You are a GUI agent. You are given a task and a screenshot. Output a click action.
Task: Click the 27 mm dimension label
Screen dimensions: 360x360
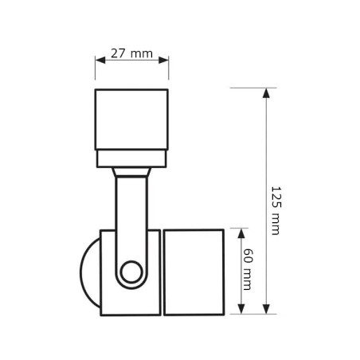[131, 53]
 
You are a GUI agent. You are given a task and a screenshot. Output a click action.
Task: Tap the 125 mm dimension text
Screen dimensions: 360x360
[276, 210]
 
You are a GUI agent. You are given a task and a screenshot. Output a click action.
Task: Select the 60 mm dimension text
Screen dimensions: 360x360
[248, 269]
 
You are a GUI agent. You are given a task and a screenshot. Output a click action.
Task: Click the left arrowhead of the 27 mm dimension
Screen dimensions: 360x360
[100, 60]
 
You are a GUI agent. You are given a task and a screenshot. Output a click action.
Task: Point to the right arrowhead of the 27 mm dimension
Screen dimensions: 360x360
[163, 60]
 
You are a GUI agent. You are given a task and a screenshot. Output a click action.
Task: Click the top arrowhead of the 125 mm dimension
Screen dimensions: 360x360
[266, 93]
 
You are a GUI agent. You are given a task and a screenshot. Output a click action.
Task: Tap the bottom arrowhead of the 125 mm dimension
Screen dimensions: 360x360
[266, 309]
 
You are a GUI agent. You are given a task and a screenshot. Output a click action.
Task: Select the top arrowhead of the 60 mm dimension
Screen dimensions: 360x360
[241, 233]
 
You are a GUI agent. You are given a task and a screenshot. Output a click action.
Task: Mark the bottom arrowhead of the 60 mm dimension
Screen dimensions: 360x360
[241, 309]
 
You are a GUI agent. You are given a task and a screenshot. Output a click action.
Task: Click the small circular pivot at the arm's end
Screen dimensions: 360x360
[131, 272]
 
